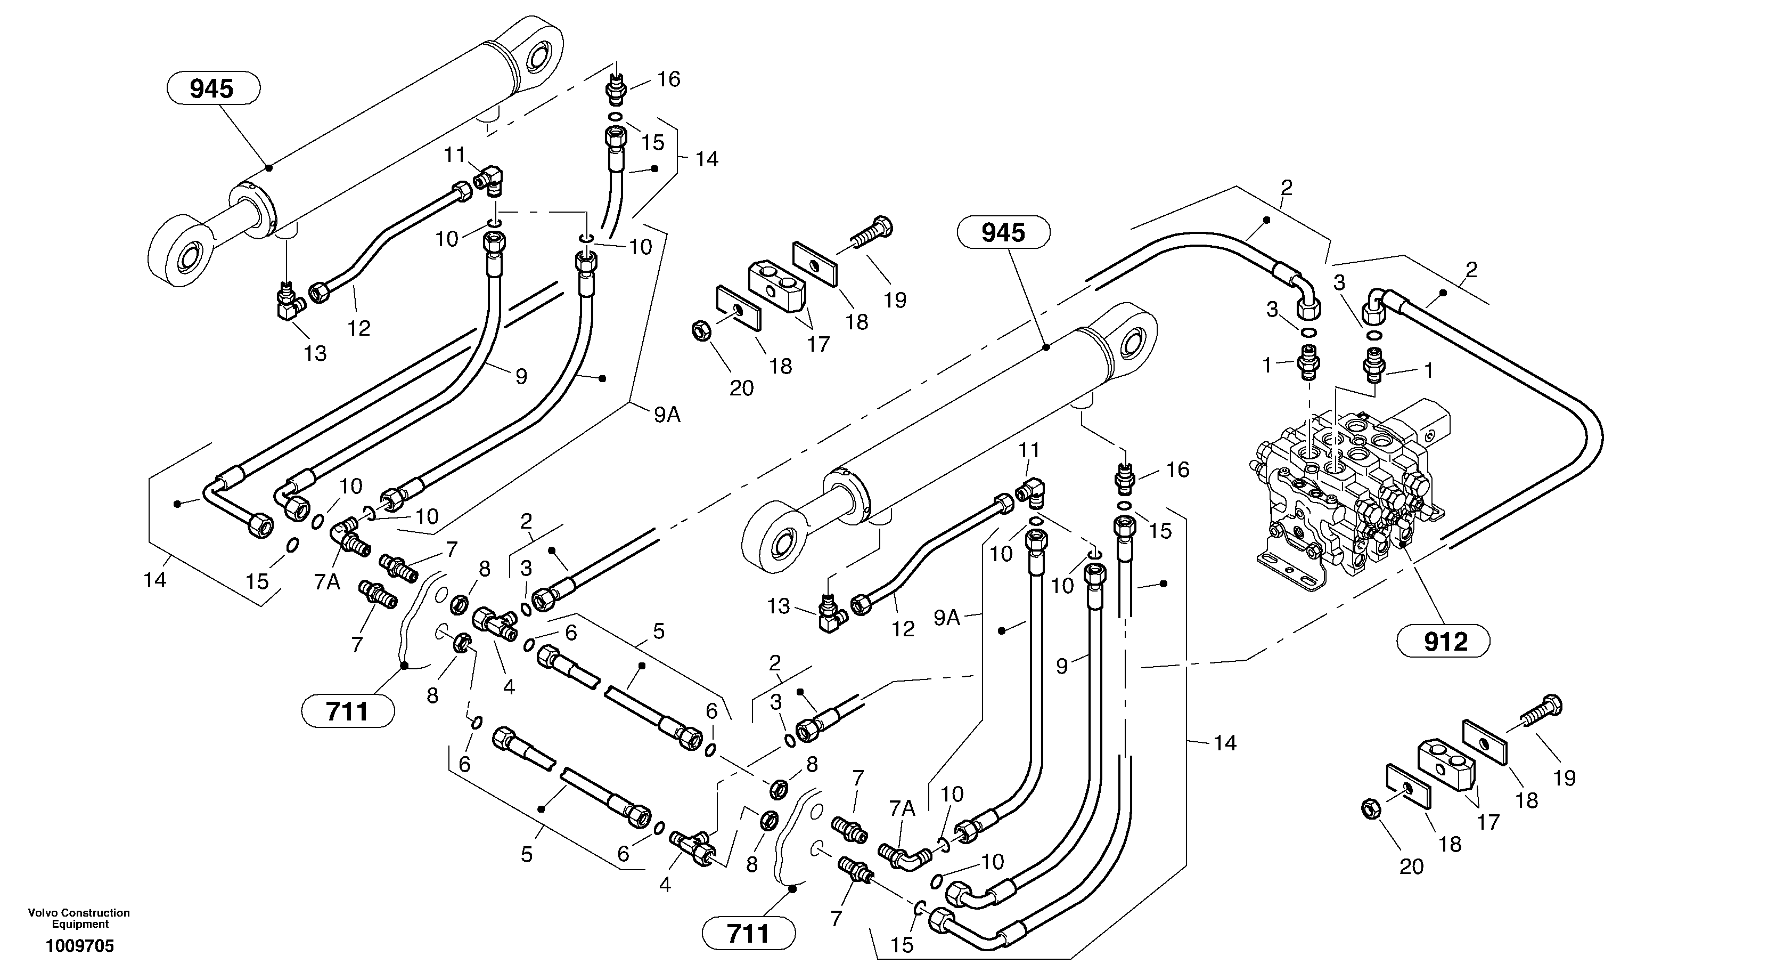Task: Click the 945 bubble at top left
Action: click(x=213, y=88)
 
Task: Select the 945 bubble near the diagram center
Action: click(x=1003, y=232)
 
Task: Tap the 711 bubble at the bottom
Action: click(x=748, y=934)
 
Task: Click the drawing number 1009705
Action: click(x=79, y=946)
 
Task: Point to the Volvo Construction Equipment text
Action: click(x=79, y=918)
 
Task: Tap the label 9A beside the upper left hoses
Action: click(x=667, y=415)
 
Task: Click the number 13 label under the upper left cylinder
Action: click(x=315, y=354)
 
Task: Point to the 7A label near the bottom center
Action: click(x=901, y=808)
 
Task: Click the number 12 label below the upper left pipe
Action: click(x=358, y=328)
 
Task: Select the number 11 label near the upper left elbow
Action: click(x=454, y=155)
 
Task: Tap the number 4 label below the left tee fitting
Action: click(x=509, y=687)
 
